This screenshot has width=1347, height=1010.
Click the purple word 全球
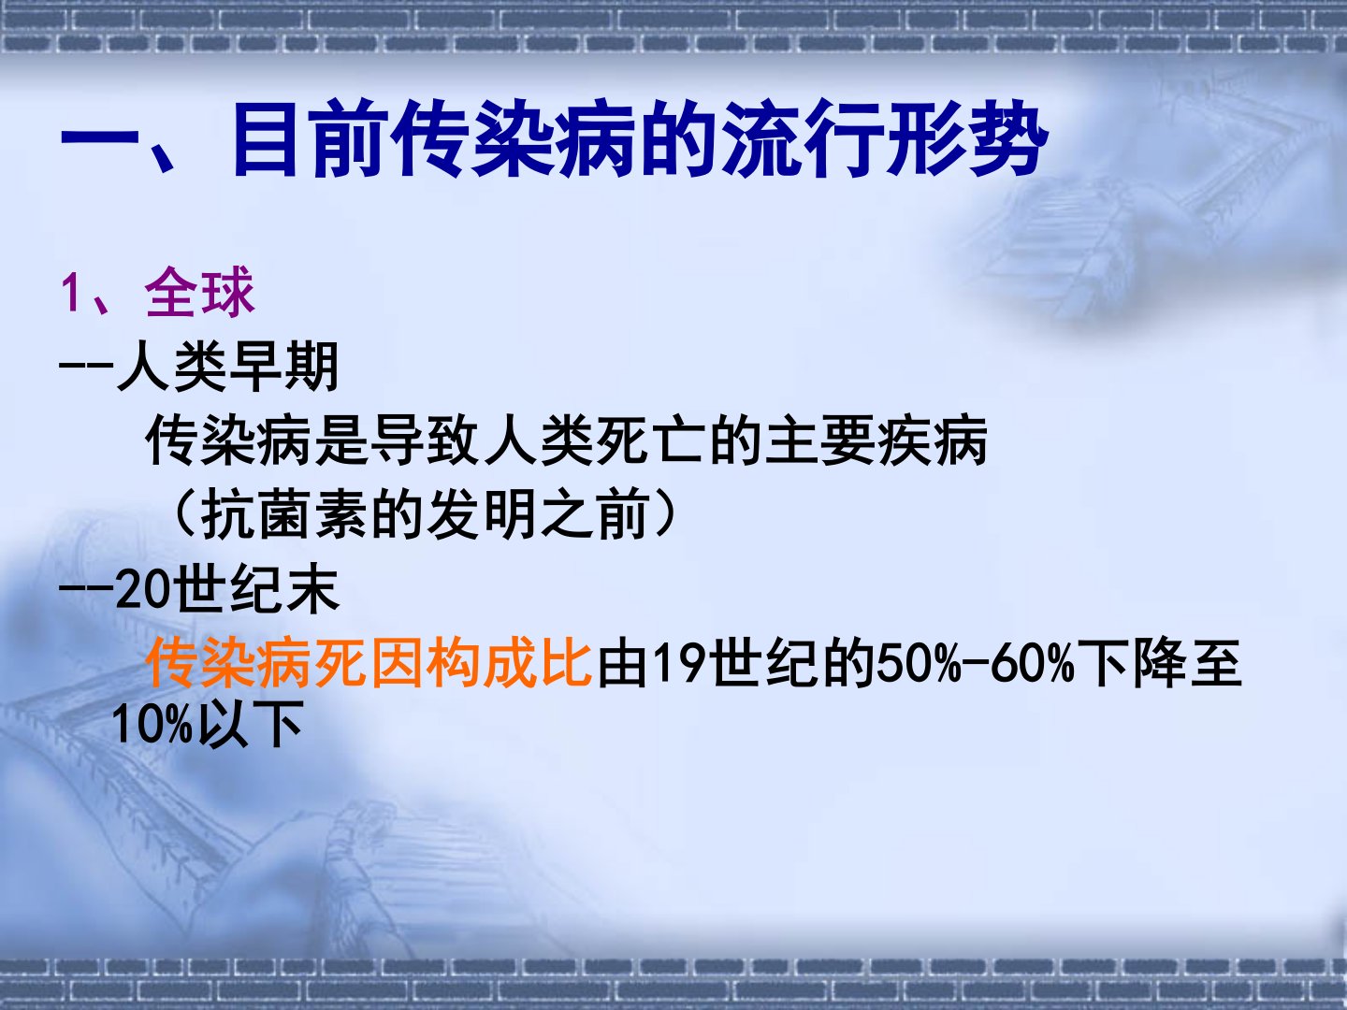coord(200,293)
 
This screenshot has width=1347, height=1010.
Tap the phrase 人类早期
coord(228,367)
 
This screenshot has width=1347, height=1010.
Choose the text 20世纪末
coord(227,588)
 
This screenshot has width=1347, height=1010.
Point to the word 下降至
coord(1160,662)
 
